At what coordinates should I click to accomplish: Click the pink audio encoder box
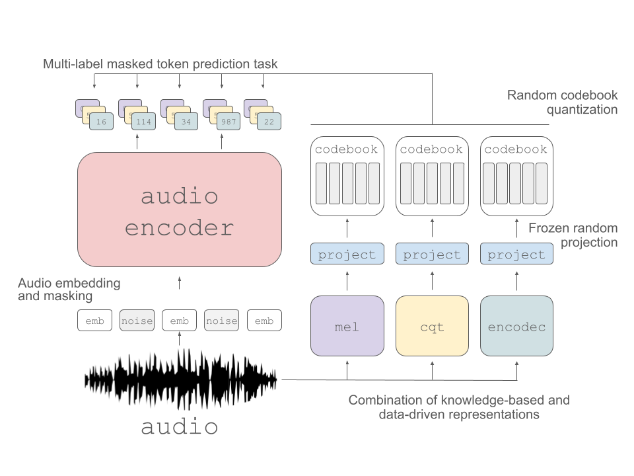180,210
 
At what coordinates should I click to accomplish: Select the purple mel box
347,325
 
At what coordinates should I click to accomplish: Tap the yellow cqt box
432,325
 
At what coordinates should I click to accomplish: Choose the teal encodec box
516,325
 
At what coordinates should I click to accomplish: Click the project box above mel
347,255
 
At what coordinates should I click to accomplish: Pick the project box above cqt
432,255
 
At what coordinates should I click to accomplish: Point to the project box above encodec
516,255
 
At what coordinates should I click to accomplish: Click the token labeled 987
229,121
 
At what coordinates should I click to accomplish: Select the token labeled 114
144,121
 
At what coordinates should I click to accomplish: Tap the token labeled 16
102,121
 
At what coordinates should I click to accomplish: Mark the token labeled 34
186,121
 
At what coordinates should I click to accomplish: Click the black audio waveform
180,380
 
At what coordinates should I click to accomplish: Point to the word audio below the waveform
180,426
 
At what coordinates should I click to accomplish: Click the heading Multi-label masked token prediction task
160,64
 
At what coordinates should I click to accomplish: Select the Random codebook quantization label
562,102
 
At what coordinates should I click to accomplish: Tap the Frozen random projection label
573,235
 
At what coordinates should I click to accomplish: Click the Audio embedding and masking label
69,290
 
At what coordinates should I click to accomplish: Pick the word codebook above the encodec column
516,149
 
